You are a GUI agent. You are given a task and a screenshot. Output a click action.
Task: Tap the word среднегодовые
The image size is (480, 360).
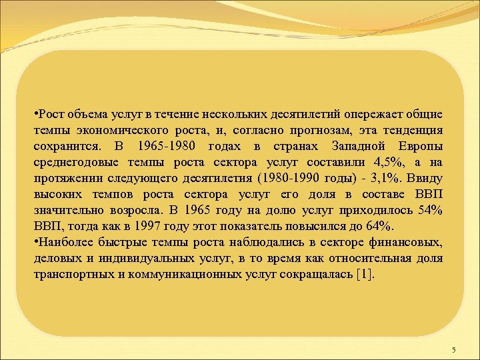tap(75, 162)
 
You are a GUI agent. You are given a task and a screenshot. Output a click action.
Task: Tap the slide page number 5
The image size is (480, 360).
tap(453, 350)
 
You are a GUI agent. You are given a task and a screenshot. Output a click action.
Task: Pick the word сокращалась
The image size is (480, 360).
tap(318, 275)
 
